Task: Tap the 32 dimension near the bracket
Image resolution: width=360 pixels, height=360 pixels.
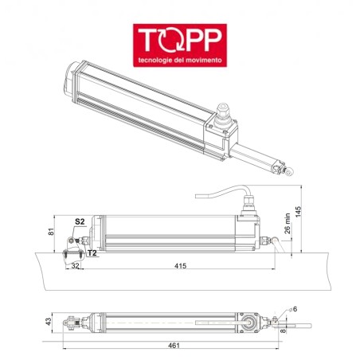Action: click(76, 265)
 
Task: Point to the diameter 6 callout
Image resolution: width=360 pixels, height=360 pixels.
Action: click(294, 308)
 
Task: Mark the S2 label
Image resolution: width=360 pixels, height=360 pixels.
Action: click(80, 221)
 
